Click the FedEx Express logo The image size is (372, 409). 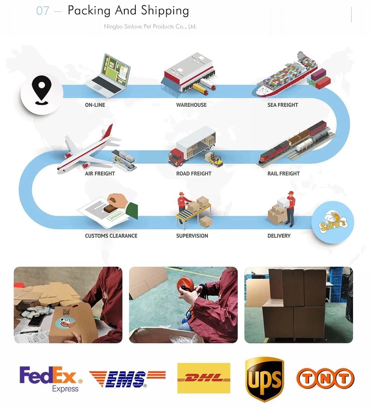[51, 379]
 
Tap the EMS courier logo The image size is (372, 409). [127, 379]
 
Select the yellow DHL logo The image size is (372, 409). [203, 378]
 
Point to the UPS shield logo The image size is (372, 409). [265, 379]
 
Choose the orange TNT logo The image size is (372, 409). [325, 379]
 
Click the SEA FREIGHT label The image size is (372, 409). [283, 105]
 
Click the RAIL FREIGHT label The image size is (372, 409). [283, 173]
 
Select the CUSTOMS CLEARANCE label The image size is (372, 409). [111, 236]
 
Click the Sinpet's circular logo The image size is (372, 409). [333, 223]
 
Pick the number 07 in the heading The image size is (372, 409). [42, 11]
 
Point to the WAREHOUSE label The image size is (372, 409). [191, 105]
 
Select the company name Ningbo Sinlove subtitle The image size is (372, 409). [150, 27]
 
